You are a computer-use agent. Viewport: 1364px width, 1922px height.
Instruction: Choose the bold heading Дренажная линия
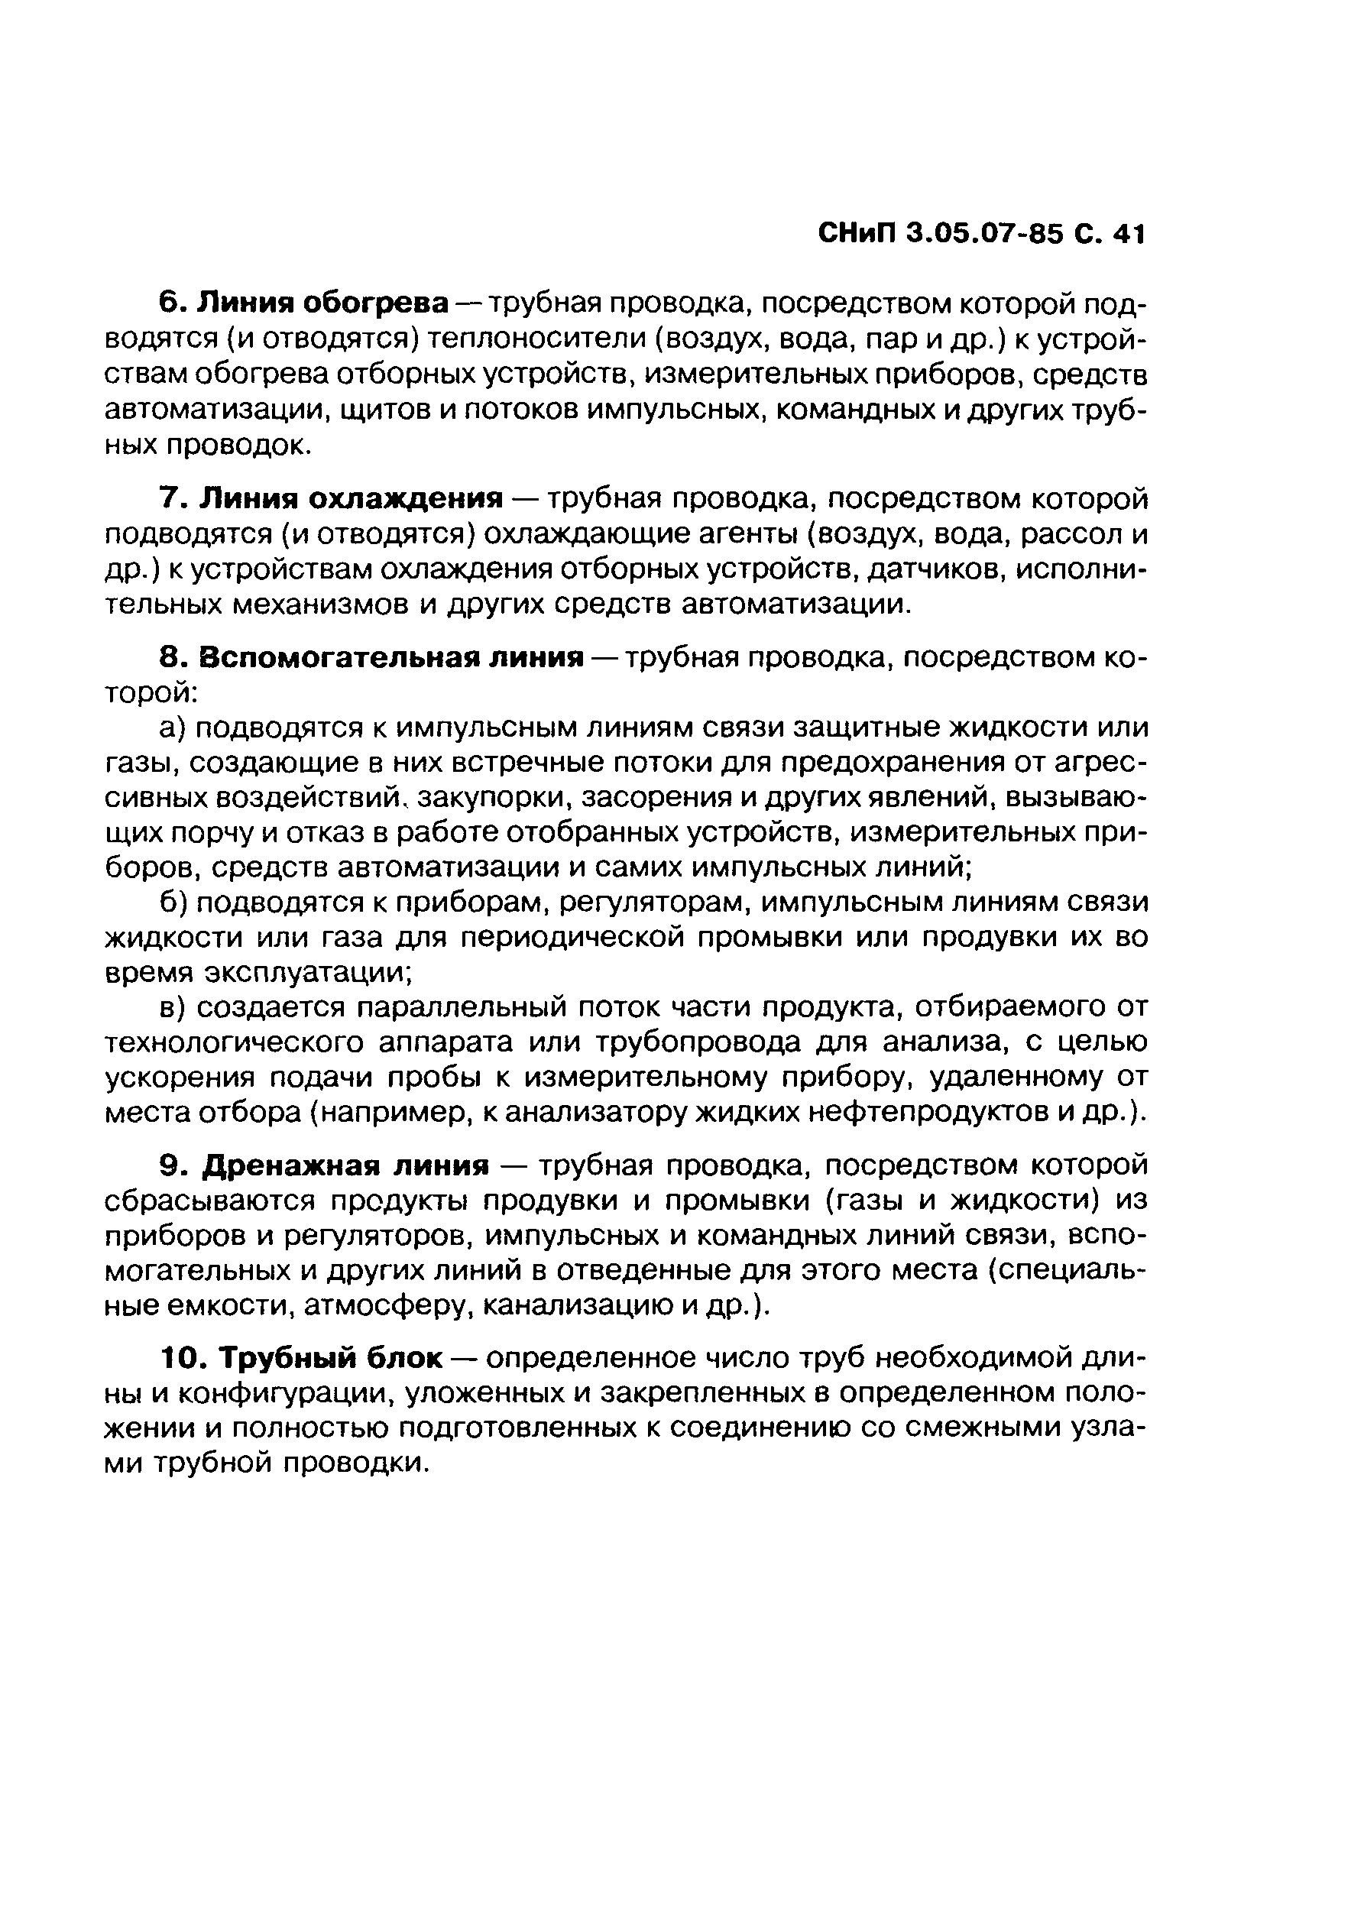347,1165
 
